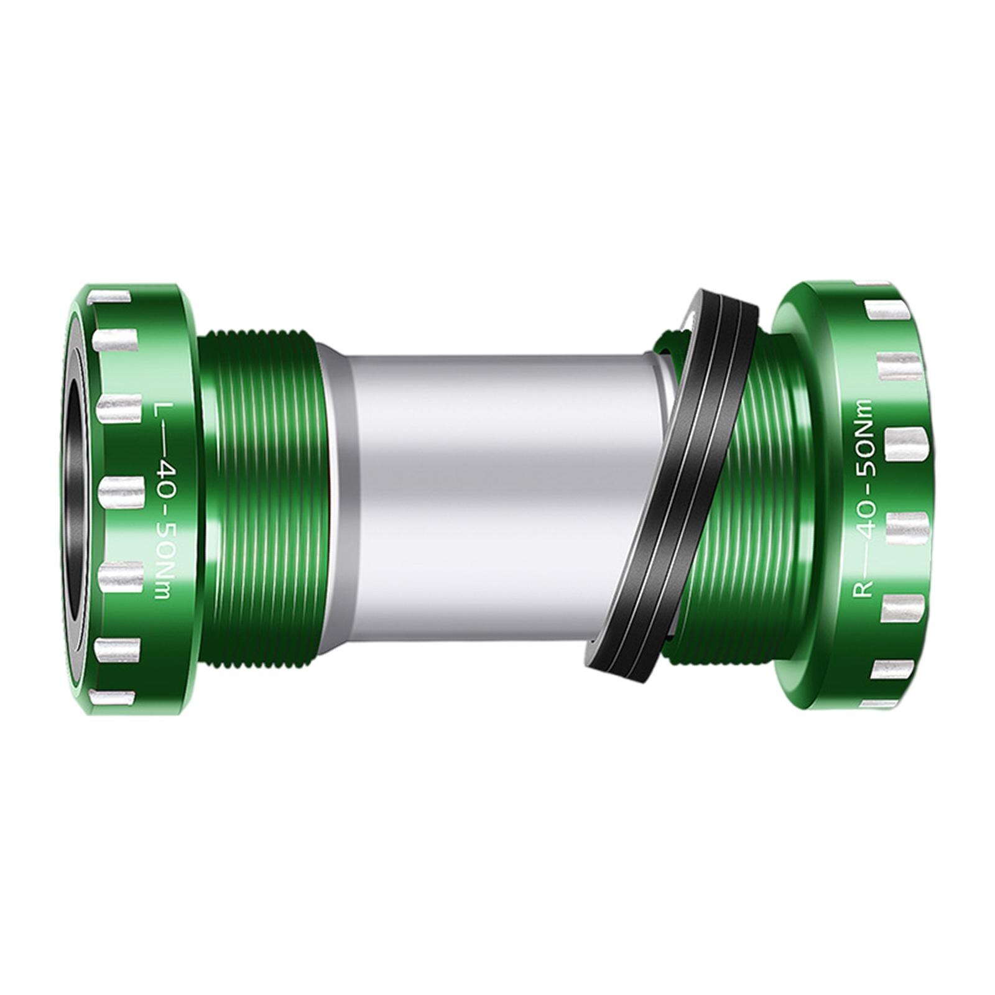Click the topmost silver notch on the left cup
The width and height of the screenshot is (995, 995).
tap(110, 296)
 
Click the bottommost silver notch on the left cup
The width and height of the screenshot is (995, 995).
tap(112, 698)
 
